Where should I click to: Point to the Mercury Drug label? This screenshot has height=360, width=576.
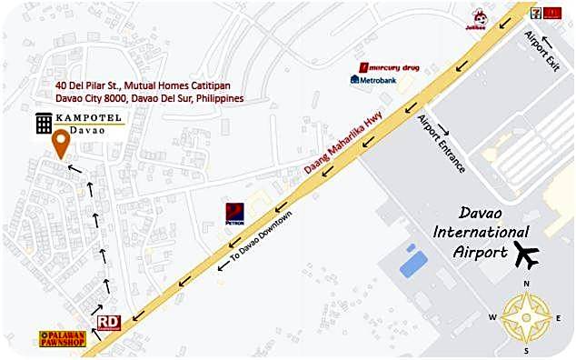pyautogui.click(x=391, y=66)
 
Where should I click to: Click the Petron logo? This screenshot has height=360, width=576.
pyautogui.click(x=234, y=213)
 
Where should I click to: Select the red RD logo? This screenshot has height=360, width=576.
pyautogui.click(x=108, y=321)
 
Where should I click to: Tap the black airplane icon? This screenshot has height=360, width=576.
pyautogui.click(x=526, y=255)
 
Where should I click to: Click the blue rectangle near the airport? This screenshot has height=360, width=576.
pyautogui.click(x=413, y=264)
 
